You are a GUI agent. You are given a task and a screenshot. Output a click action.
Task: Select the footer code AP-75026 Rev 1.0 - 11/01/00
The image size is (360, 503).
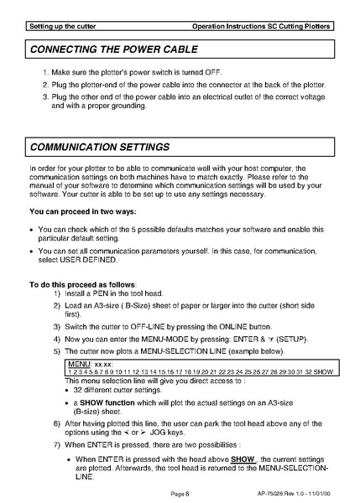[x=295, y=495]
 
